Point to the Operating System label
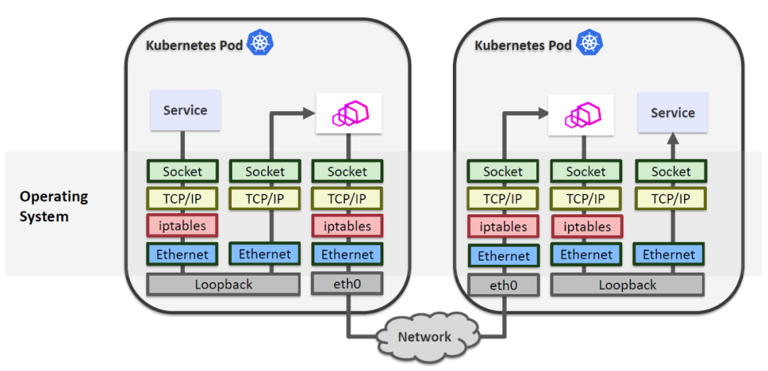click(x=53, y=206)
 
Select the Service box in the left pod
click(x=185, y=110)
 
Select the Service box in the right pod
click(x=673, y=113)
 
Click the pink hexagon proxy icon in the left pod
click(x=348, y=113)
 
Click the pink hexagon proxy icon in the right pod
click(x=582, y=114)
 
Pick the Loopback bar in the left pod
click(x=223, y=284)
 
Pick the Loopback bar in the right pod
click(x=627, y=285)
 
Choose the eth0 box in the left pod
click(x=347, y=284)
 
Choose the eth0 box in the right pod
click(x=503, y=286)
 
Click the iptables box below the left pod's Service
click(x=182, y=226)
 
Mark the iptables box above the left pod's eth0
click(x=347, y=226)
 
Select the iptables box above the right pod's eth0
click(x=503, y=227)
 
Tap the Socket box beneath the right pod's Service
click(x=671, y=172)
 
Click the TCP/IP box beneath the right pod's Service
click(x=671, y=199)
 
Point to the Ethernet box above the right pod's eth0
click(x=503, y=256)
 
